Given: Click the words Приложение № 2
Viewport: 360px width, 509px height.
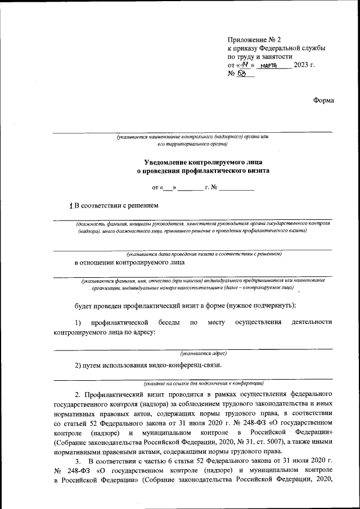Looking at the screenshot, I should (254, 39).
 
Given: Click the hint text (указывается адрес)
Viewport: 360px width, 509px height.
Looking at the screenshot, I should (203, 354).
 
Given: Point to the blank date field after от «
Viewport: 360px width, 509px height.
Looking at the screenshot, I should (169, 186).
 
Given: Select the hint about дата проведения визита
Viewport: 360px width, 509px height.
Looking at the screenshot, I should (203, 254).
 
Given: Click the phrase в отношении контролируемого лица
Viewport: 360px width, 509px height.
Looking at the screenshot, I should (129, 263).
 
